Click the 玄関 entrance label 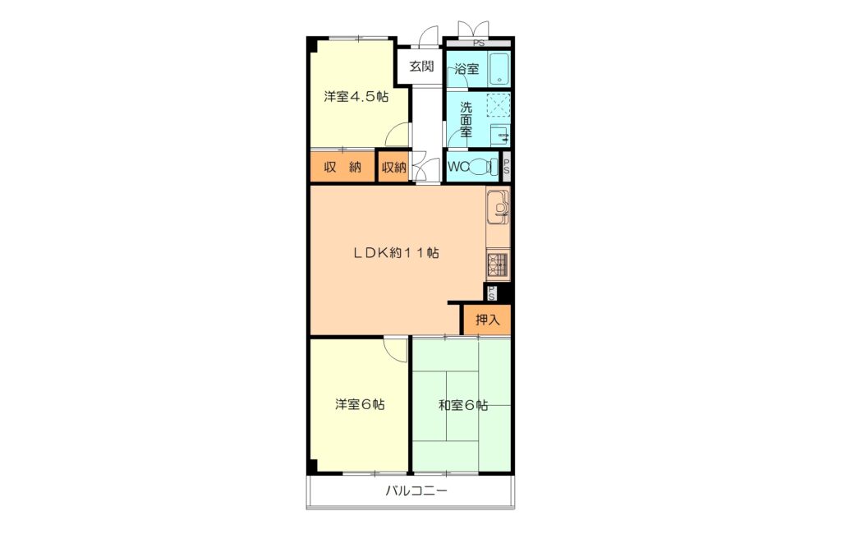[x=421, y=67]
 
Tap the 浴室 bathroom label [x=466, y=69]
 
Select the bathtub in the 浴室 [x=499, y=69]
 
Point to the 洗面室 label [x=466, y=119]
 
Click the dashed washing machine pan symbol [x=499, y=106]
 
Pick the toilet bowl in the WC [x=482, y=167]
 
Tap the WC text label [x=458, y=167]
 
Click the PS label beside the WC [x=506, y=167]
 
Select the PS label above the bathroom [x=479, y=44]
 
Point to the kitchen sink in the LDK [x=498, y=207]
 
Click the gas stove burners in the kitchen [x=497, y=265]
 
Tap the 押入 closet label [x=488, y=320]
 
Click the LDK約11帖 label [x=397, y=252]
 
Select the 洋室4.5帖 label [x=356, y=97]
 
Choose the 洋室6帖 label [x=360, y=404]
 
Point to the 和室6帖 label [x=463, y=405]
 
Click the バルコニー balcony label [x=416, y=491]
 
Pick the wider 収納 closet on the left [x=342, y=167]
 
